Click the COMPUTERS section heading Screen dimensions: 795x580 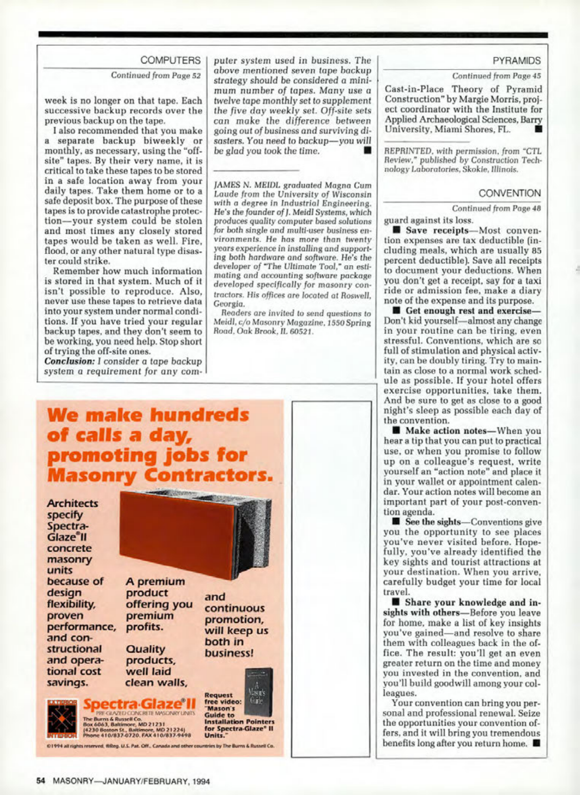pos(170,60)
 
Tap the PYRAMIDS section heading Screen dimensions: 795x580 pos(516,61)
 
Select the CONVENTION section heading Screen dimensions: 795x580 pos(509,193)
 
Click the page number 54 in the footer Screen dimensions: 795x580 pos(41,781)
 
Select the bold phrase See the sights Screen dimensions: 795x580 pos(432,522)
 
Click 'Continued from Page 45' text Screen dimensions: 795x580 pos(496,76)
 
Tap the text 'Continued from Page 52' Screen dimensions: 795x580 pos(156,75)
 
